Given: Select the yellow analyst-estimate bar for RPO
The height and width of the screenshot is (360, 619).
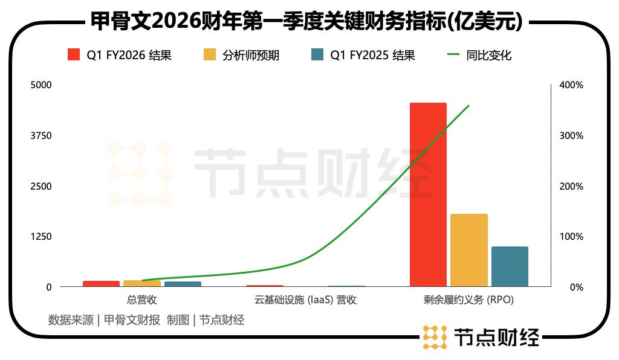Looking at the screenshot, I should point(468,250).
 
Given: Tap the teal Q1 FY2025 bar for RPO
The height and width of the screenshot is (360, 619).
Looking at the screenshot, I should point(510,266).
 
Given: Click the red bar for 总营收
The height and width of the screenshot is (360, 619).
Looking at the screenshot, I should point(101,283).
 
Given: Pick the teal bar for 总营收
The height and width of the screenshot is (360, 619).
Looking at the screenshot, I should point(183,283).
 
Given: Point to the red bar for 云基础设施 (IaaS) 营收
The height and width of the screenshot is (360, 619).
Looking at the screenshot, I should point(265,286).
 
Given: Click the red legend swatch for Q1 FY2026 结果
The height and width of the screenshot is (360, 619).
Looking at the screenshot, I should point(74,55).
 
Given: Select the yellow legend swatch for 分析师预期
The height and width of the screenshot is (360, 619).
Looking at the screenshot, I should point(210,55).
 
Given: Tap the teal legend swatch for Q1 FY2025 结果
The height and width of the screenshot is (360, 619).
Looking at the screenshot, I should point(317,55).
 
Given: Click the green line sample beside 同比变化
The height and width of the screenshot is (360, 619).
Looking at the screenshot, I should point(454,55).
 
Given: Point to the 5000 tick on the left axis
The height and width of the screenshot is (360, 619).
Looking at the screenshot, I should point(42,85).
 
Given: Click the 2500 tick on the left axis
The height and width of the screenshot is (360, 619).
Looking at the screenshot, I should point(42,186).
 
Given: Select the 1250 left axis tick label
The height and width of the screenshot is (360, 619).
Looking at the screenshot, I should point(42,236).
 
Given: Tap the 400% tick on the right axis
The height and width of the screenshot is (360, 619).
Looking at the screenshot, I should point(571,85).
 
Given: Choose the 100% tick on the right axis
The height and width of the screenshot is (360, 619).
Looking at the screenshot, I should point(571,236).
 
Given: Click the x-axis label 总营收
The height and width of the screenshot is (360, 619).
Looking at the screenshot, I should point(142,300).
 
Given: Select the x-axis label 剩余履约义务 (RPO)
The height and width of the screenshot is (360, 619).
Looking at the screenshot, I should point(468,300).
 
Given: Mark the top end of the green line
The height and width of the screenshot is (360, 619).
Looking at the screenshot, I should point(468,106).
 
